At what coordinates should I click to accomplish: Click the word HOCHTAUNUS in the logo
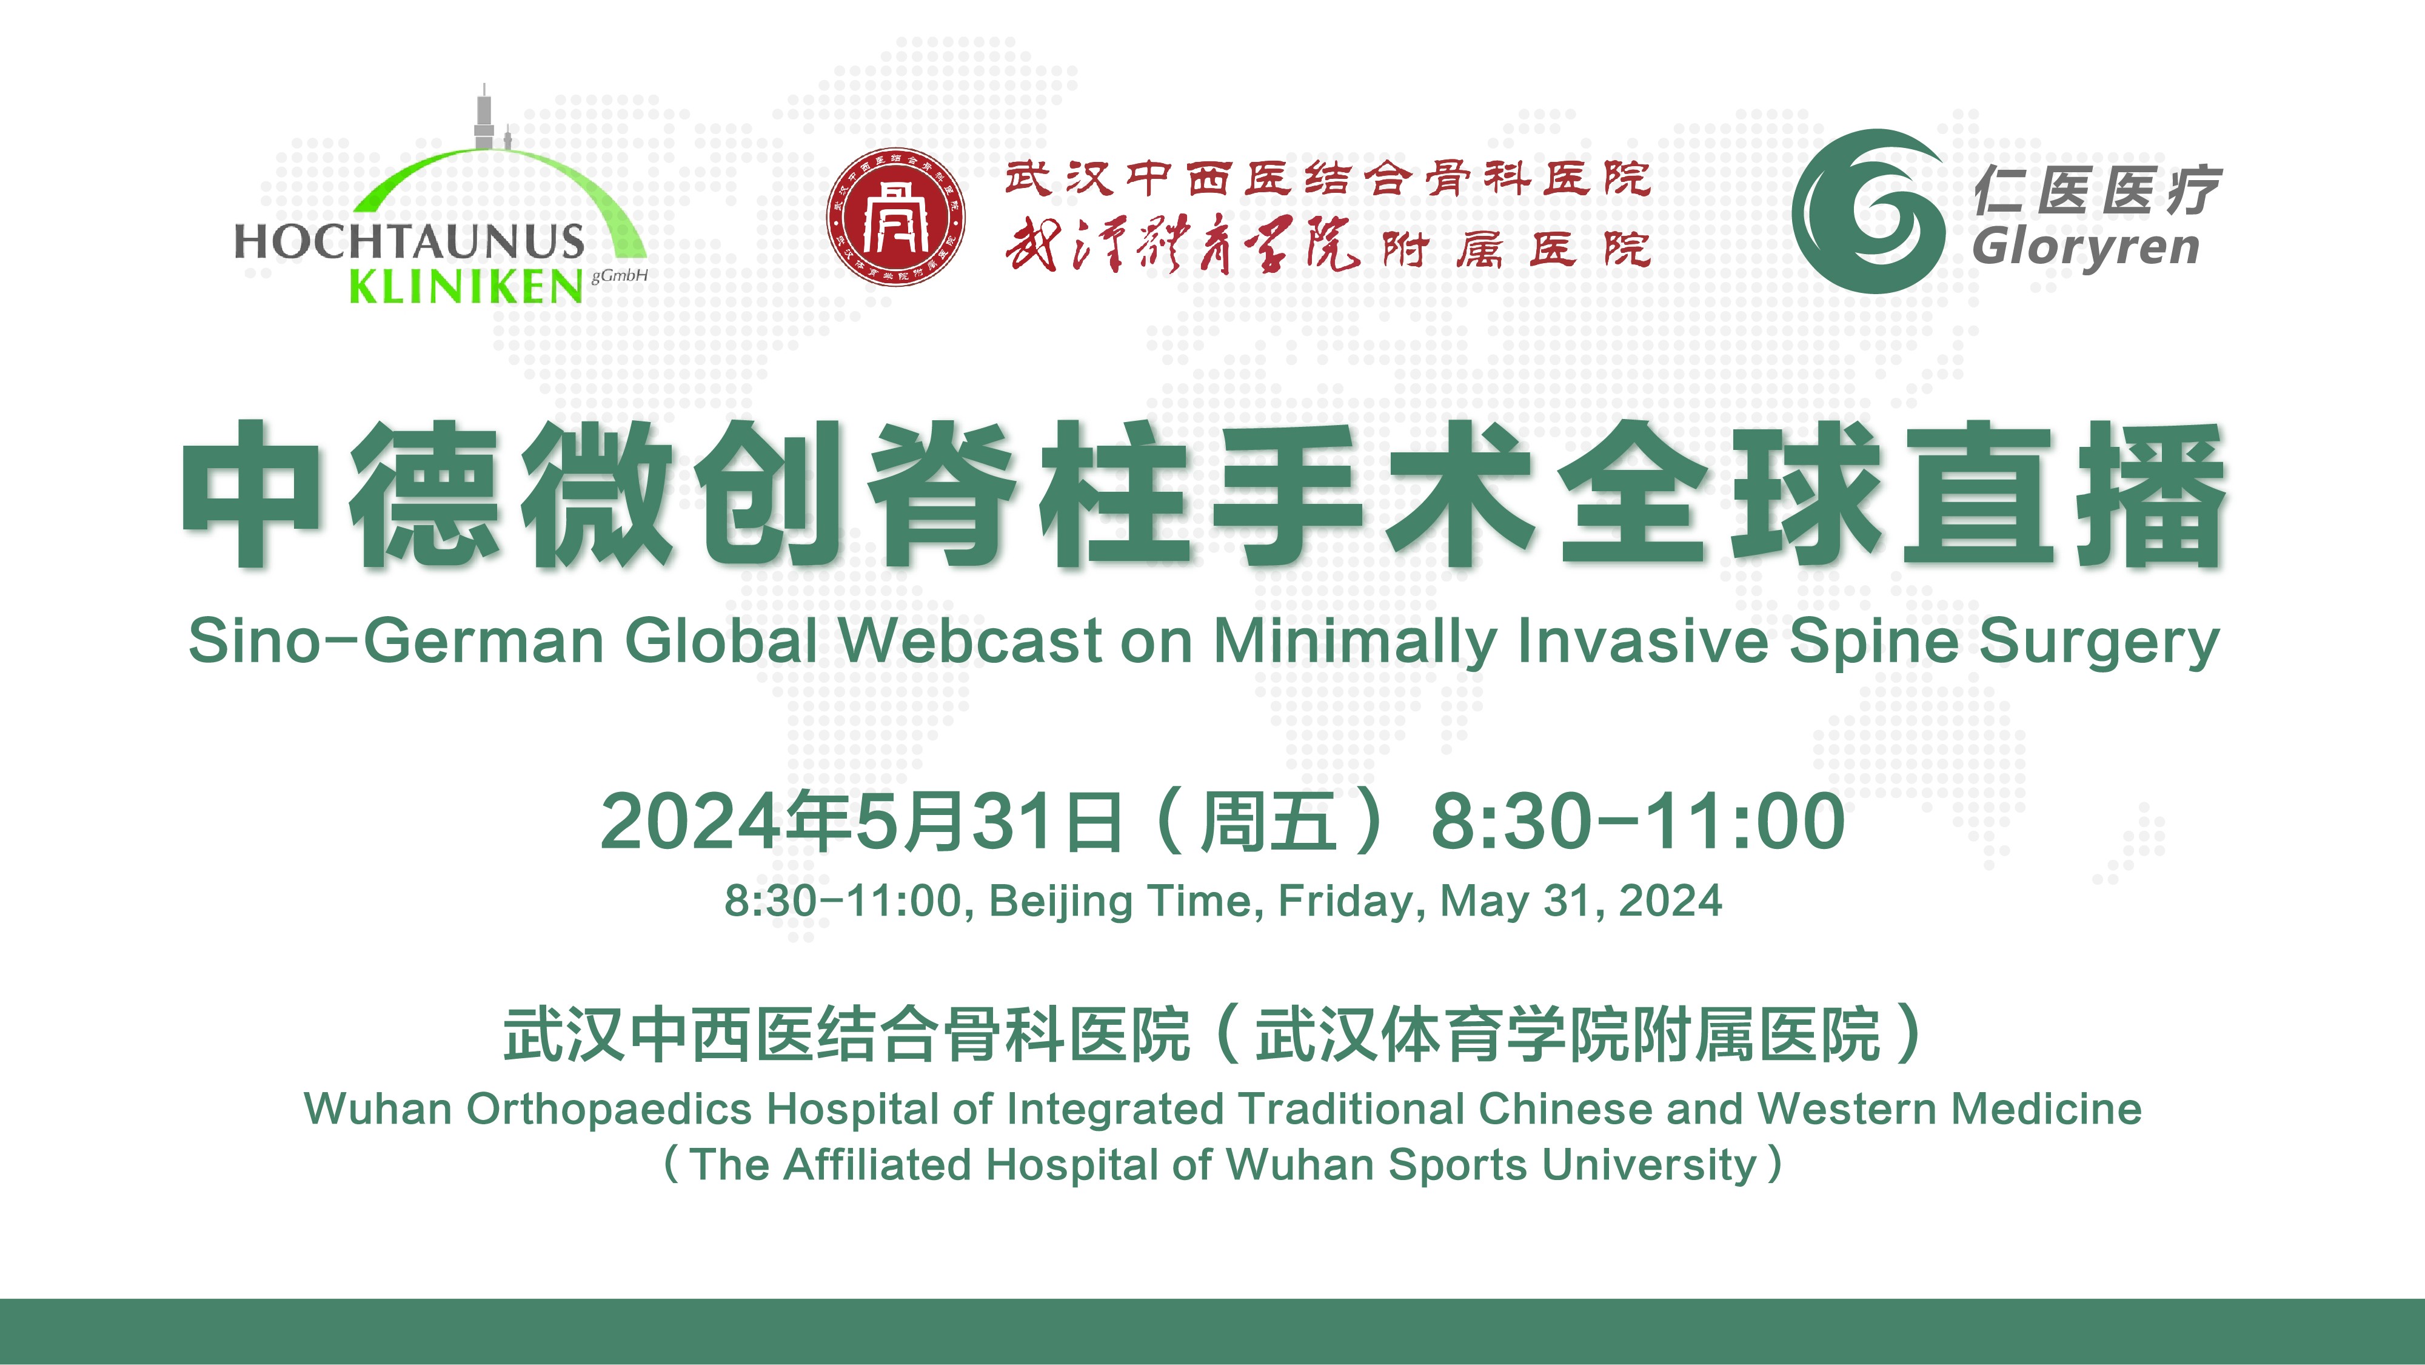pos(409,242)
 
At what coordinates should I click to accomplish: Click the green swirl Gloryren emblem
pos(1868,211)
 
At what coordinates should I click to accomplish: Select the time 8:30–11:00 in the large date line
pos(1638,821)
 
